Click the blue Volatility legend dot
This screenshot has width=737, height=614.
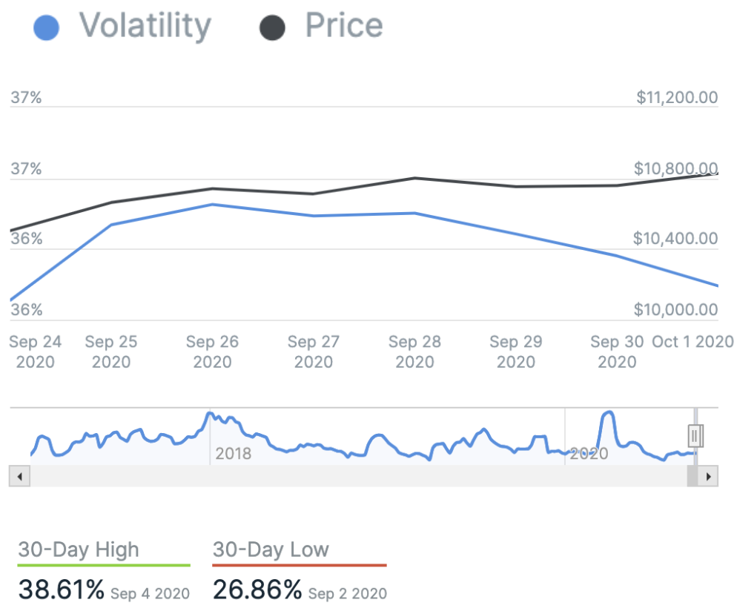tap(47, 28)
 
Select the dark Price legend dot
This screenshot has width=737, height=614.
tap(272, 28)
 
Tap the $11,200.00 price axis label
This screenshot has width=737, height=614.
tap(677, 97)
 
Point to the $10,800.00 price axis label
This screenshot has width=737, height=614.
tap(675, 168)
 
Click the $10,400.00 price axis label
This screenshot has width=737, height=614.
tap(677, 239)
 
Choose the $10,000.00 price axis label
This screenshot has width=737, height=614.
tap(677, 309)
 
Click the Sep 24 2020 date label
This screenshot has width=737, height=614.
tap(36, 352)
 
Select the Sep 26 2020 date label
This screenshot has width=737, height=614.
tap(212, 352)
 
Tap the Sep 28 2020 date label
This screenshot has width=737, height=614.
tap(414, 352)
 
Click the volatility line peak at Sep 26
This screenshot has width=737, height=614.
tap(212, 204)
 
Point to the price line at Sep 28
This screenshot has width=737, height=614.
tap(414, 178)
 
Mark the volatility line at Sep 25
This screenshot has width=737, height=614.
tap(110, 225)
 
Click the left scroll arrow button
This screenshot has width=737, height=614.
tap(19, 476)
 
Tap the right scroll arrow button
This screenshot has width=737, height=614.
tap(710, 476)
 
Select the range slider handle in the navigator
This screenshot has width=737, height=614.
tap(695, 435)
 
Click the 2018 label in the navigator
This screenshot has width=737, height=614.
tap(233, 454)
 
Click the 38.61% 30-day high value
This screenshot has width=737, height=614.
tap(62, 590)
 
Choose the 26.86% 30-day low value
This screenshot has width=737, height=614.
tap(257, 590)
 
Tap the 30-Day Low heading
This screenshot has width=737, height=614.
tap(271, 549)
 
